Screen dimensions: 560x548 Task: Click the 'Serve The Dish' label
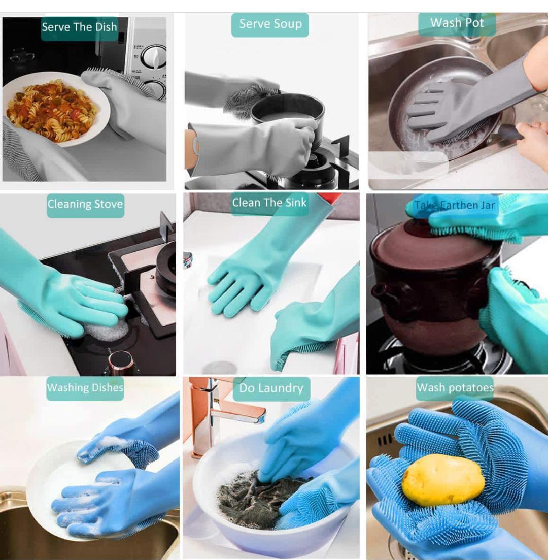point(79,27)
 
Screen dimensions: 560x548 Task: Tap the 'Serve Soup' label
point(270,24)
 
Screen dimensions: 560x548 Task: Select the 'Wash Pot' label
point(457,23)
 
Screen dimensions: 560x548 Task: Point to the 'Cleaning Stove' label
point(85,205)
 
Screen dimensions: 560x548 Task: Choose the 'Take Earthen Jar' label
point(455,206)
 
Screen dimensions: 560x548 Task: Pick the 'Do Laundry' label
point(271,389)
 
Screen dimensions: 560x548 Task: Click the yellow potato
point(443,479)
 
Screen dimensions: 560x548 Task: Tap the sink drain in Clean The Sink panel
point(220,367)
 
